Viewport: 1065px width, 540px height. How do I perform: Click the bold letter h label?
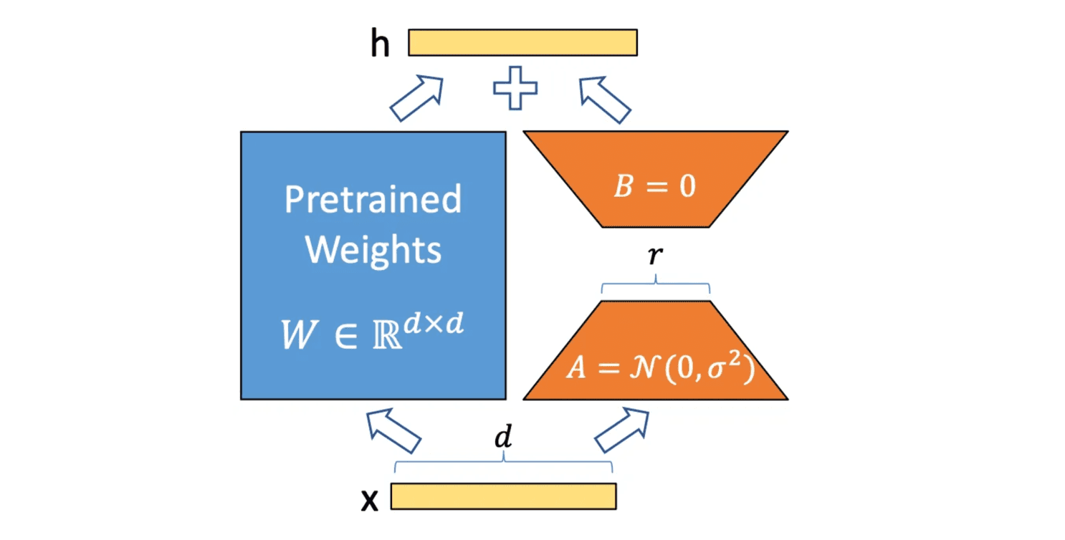pyautogui.click(x=380, y=44)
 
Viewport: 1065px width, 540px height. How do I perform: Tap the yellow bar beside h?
pyautogui.click(x=522, y=42)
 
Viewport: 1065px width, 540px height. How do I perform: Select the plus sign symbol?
pyautogui.click(x=515, y=88)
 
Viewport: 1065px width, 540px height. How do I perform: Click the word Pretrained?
pyautogui.click(x=373, y=199)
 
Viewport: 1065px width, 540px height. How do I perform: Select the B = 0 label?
pyautogui.click(x=655, y=189)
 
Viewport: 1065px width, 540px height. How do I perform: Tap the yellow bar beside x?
pyautogui.click(x=503, y=496)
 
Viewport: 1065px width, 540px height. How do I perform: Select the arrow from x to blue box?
pyautogui.click(x=393, y=430)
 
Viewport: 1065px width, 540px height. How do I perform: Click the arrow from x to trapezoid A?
pyautogui.click(x=621, y=430)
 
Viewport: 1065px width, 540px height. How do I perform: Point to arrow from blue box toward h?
pyautogui.click(x=416, y=98)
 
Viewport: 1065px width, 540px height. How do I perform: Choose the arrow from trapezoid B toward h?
pyautogui.click(x=604, y=100)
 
